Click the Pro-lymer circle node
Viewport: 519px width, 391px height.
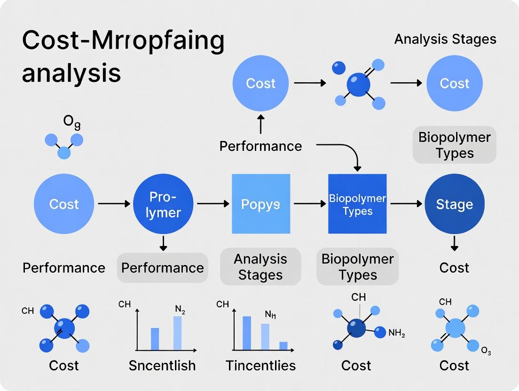(x=164, y=204)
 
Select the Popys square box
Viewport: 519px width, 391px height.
(x=260, y=204)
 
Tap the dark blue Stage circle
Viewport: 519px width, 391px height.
(x=454, y=204)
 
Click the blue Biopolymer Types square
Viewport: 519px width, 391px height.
(x=357, y=204)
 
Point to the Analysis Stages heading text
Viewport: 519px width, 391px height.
(x=445, y=39)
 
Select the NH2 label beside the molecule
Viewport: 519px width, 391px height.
(x=397, y=333)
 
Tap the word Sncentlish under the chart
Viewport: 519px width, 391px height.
(x=162, y=366)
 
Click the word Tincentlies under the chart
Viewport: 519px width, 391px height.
(x=260, y=366)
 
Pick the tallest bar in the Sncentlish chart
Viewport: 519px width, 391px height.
(x=177, y=333)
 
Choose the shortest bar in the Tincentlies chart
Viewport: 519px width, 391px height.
(x=283, y=345)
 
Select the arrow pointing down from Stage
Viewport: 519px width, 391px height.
(x=454, y=243)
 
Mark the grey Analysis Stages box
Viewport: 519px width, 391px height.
(x=260, y=266)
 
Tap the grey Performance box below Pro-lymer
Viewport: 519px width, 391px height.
(x=162, y=268)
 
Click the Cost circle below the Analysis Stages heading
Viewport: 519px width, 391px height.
(x=454, y=83)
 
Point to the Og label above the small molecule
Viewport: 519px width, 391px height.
(x=72, y=122)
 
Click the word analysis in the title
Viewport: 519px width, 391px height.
(x=71, y=73)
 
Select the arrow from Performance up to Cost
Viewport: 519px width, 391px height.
(x=261, y=125)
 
